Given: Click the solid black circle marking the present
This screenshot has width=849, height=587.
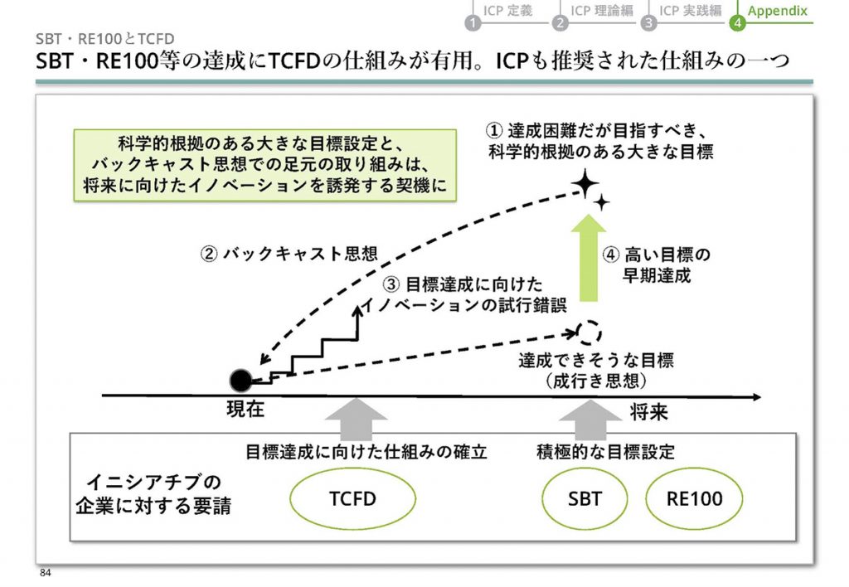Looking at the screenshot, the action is [x=241, y=381].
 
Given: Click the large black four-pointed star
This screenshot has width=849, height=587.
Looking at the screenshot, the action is [x=585, y=183].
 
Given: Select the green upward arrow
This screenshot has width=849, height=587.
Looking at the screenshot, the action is [x=589, y=258].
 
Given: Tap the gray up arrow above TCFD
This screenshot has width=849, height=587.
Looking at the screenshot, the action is [x=357, y=420].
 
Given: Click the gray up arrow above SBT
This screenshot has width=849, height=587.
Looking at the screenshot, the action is [x=590, y=420].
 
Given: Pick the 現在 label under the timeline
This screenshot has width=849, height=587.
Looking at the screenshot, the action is [x=245, y=409].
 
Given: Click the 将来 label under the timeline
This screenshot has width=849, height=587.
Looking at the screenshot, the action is [x=648, y=412].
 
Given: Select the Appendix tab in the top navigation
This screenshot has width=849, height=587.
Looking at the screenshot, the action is [x=778, y=11].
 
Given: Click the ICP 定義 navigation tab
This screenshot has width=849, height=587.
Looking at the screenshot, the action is [x=508, y=11].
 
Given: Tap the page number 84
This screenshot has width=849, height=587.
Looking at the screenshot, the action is [x=45, y=573].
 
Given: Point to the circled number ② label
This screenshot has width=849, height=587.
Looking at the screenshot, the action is [x=209, y=254].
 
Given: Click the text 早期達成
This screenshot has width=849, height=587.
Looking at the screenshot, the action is [x=657, y=275].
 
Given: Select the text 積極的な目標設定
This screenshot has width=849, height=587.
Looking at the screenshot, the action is [x=605, y=452].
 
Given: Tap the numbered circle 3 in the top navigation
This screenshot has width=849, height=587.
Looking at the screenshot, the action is [x=648, y=22].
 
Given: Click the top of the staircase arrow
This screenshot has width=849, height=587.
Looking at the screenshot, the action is [x=357, y=307].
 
